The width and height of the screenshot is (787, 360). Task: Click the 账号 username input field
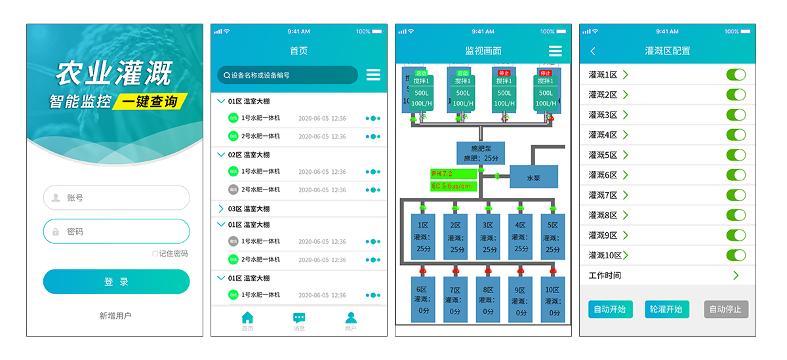pyautogui.click(x=116, y=197)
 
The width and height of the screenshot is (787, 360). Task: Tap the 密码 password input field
pyautogui.click(x=116, y=231)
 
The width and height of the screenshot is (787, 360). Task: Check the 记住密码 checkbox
pyautogui.click(x=155, y=254)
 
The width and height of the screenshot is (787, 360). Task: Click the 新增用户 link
pyautogui.click(x=115, y=316)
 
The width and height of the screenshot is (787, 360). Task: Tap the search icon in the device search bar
pyautogui.click(x=227, y=75)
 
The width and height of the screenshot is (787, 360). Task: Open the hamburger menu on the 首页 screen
pyautogui.click(x=373, y=75)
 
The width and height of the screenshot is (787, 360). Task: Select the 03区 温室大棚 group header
pyautogui.click(x=249, y=209)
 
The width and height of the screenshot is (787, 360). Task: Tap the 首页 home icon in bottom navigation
pyautogui.click(x=247, y=318)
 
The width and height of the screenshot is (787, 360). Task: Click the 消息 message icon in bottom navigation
pyautogui.click(x=299, y=318)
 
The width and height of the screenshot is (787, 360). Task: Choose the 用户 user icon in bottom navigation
pyautogui.click(x=351, y=318)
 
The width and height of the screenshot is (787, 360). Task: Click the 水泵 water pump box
pyautogui.click(x=534, y=177)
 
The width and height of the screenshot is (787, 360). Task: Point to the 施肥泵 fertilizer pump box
pyautogui.click(x=481, y=153)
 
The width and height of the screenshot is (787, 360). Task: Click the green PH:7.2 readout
pyautogui.click(x=453, y=174)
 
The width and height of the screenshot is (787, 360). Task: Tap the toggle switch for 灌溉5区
pyautogui.click(x=736, y=155)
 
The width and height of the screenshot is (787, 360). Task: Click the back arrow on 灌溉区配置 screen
pyautogui.click(x=593, y=51)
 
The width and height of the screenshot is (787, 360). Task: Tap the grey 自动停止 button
pyautogui.click(x=726, y=309)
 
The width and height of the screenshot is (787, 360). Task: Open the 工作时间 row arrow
pyautogui.click(x=736, y=275)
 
